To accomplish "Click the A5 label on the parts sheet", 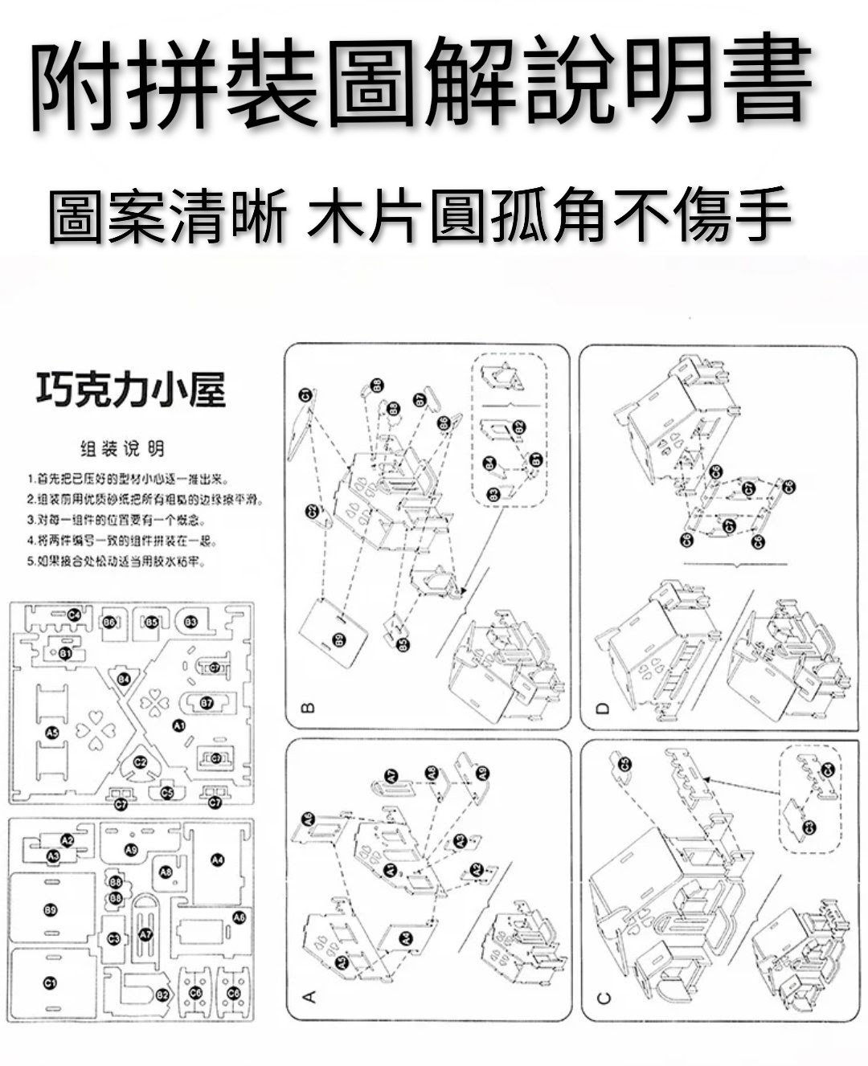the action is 52,732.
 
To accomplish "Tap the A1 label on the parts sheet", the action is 178,725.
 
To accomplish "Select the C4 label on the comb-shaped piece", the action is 74,615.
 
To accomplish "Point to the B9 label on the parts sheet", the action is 50,909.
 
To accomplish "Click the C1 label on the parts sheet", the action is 50,983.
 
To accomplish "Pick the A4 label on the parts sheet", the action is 216,860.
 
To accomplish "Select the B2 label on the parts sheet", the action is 162,995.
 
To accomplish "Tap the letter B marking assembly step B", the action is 306,708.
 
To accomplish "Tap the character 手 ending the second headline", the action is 760,216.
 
